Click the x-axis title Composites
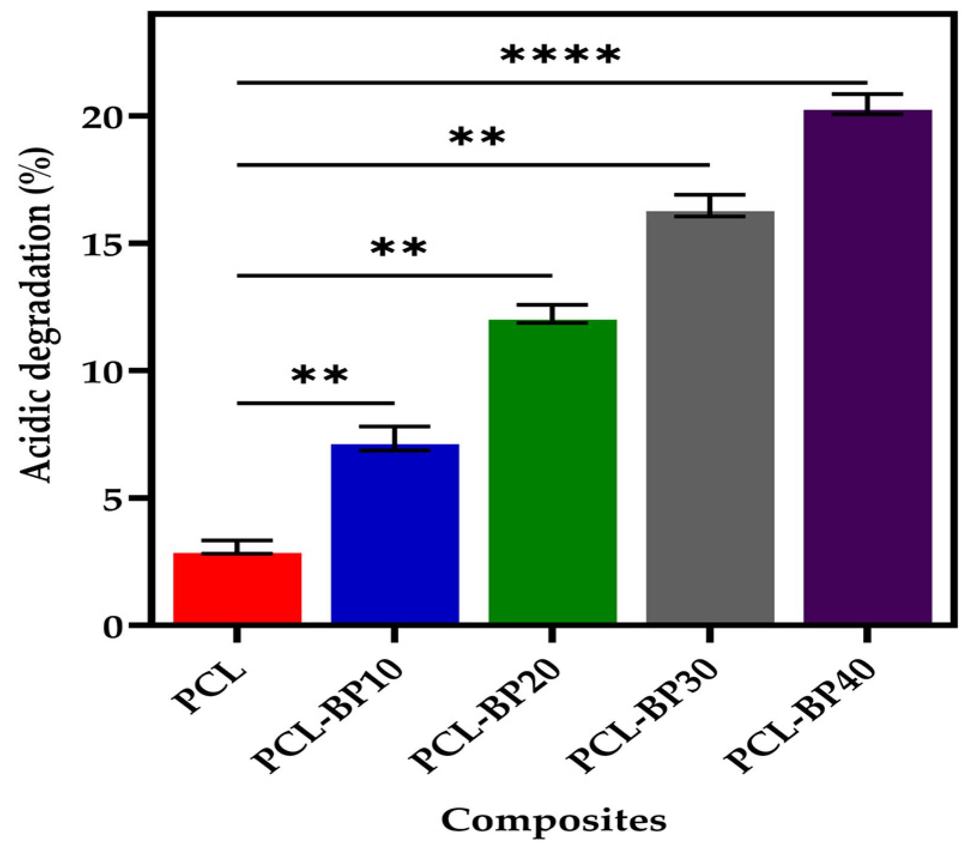pyautogui.click(x=554, y=820)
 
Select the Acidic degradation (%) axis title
pyautogui.click(x=37, y=314)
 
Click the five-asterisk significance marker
pyautogui.click(x=560, y=56)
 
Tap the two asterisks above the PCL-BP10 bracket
pyautogui.click(x=319, y=376)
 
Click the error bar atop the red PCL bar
pyautogui.click(x=237, y=546)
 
